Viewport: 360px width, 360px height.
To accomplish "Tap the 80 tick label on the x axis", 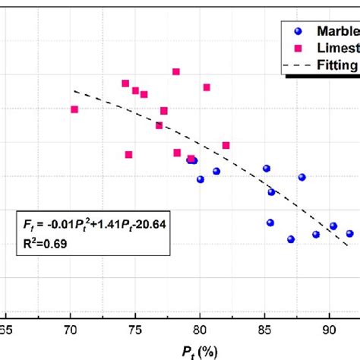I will tap(200, 330).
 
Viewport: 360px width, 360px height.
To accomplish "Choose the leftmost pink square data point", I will tap(74, 109).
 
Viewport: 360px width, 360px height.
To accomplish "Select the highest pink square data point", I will tap(176, 71).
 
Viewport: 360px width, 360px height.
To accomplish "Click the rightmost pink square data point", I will tap(226, 145).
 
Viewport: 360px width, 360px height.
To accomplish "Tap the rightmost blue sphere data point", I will tap(349, 234).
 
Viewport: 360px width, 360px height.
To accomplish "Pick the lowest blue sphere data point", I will tap(291, 239).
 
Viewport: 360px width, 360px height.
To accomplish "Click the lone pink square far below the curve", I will tap(129, 155).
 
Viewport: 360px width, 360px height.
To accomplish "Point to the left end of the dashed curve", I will tap(74, 91).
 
